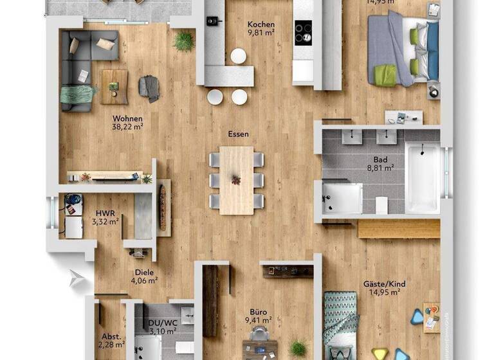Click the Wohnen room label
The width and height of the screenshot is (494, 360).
coord(127,118)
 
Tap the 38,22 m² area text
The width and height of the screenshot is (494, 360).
coord(127,127)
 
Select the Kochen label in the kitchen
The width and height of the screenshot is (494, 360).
coord(261,25)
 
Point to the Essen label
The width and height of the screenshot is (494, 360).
coord(238,135)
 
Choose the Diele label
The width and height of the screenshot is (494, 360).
coord(144,272)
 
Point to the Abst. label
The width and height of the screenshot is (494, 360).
coord(111,336)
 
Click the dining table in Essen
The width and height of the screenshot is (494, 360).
coord(236,180)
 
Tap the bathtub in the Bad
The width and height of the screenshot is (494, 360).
coord(423,177)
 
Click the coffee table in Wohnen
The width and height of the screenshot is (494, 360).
coord(114,86)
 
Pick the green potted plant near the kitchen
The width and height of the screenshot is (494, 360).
coord(184,42)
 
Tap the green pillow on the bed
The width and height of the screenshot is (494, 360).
coord(386,75)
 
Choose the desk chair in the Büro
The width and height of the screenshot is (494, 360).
coord(259,333)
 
